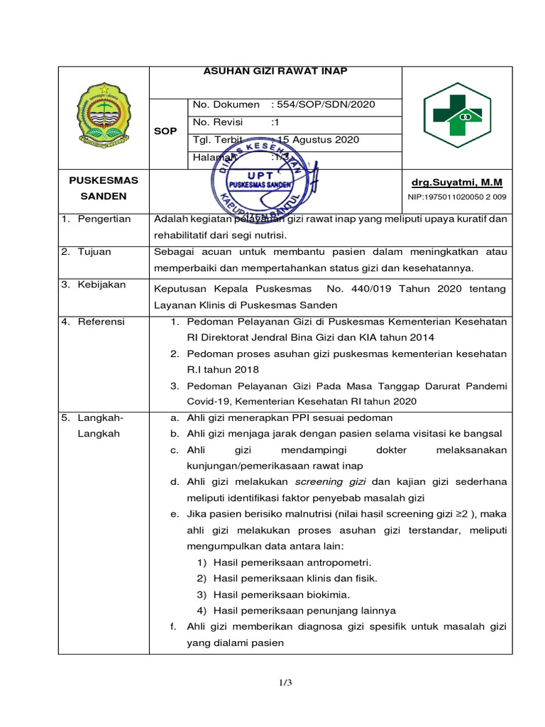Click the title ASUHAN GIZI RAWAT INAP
point(276,72)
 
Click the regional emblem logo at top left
point(104,116)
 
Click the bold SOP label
point(165,132)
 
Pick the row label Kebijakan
point(101,285)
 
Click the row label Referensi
point(101,322)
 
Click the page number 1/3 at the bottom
point(285,683)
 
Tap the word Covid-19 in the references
point(209,402)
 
